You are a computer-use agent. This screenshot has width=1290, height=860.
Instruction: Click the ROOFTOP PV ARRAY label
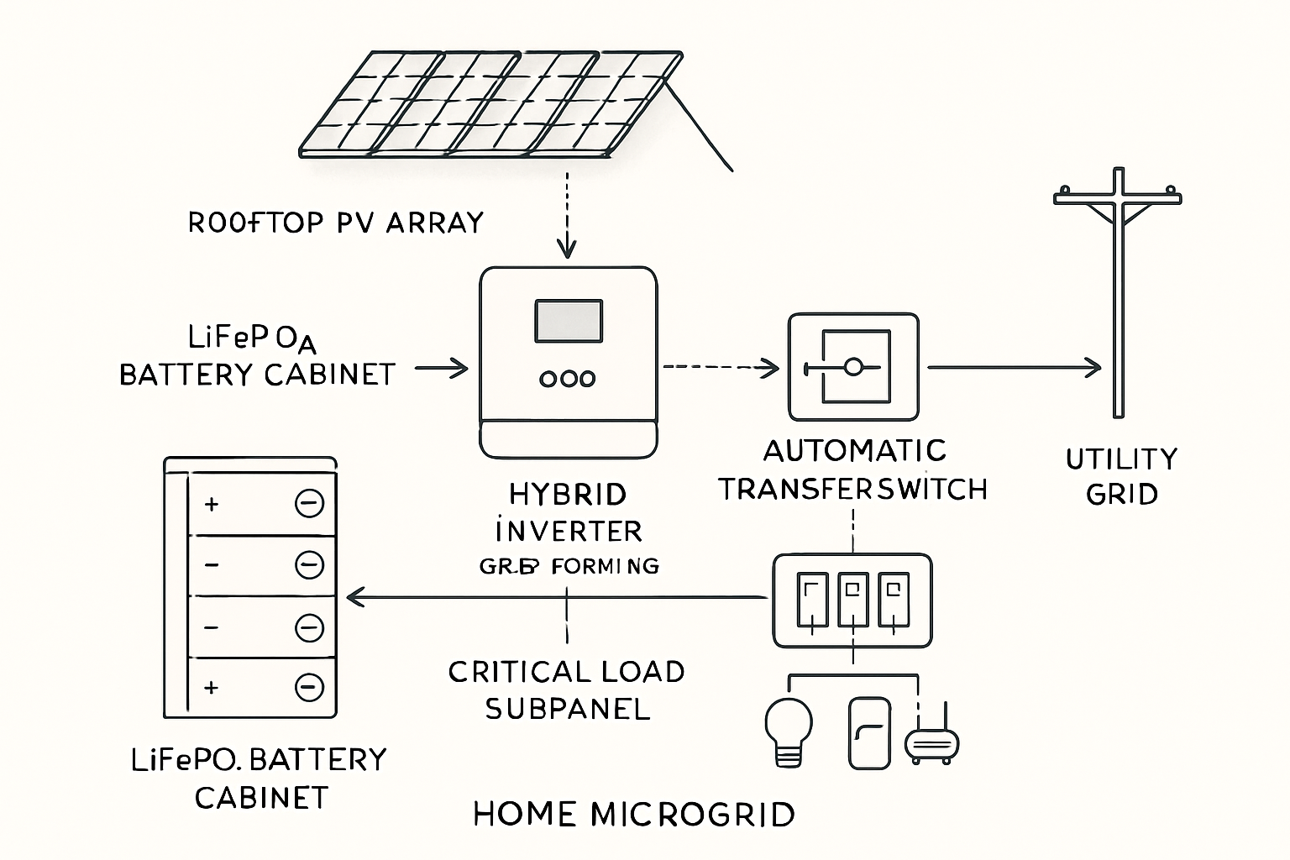click(x=335, y=223)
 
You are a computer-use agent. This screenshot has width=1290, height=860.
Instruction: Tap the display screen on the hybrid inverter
click(x=568, y=321)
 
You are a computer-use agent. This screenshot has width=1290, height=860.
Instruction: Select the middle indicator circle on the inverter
click(x=568, y=379)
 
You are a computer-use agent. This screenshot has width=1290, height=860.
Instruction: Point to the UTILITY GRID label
click(x=1121, y=476)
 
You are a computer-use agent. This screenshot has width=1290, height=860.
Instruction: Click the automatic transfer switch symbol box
click(x=853, y=367)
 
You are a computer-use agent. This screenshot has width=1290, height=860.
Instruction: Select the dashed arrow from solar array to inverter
click(x=568, y=214)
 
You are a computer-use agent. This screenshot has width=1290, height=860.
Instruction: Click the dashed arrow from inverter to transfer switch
click(x=721, y=367)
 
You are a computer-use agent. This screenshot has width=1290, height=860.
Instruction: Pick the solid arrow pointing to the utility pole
click(x=1012, y=367)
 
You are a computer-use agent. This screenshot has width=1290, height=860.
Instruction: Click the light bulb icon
click(x=789, y=731)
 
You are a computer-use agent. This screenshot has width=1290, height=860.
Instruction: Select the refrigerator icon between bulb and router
click(x=869, y=732)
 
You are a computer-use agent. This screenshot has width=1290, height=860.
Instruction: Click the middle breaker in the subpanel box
click(x=853, y=600)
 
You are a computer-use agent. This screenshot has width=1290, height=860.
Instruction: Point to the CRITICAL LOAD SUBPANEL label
click(x=567, y=690)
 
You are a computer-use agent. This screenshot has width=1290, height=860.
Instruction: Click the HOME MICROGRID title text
click(x=634, y=815)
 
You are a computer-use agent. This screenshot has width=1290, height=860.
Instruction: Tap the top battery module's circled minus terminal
click(x=309, y=503)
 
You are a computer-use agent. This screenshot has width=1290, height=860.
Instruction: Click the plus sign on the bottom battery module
click(x=212, y=688)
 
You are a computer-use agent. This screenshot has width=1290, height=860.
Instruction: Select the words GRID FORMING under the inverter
click(x=569, y=566)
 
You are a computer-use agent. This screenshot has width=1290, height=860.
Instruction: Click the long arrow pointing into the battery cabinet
click(x=554, y=597)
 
